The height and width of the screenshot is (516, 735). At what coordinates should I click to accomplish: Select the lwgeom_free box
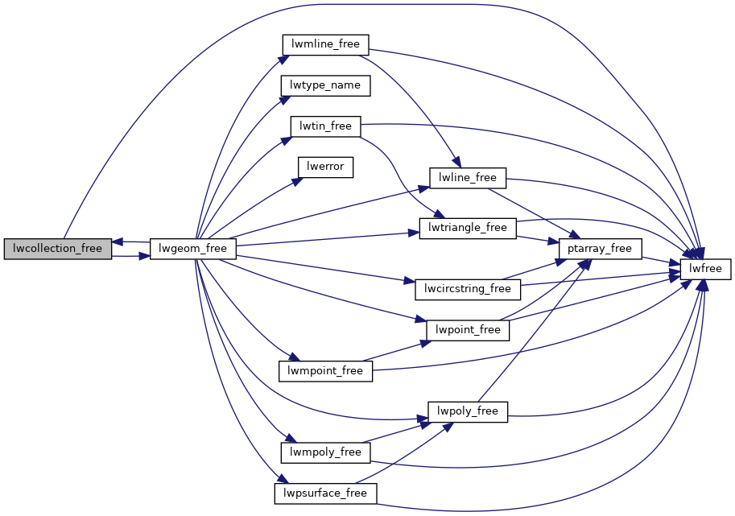click(193, 249)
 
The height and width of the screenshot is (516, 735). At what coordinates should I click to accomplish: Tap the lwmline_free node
click(325, 44)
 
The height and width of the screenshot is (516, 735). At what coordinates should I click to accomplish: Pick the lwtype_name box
click(325, 85)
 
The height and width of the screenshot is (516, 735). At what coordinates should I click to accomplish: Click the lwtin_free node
click(325, 126)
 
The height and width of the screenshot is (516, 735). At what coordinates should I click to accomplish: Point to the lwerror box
click(325, 167)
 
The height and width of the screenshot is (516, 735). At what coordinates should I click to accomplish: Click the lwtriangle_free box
click(468, 228)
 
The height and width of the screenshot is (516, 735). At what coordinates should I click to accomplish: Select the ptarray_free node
click(601, 249)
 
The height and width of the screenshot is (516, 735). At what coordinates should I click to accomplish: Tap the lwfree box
click(705, 269)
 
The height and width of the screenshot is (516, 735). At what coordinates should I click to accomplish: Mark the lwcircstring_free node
click(468, 288)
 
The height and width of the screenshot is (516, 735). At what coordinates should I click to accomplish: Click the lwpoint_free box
click(468, 329)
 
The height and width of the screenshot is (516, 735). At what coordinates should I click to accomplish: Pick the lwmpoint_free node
click(325, 370)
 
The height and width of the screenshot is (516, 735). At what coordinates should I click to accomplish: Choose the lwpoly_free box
click(468, 411)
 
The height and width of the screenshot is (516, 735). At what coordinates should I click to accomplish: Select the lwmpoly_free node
click(325, 452)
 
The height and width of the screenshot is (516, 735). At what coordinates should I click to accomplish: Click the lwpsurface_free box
click(325, 493)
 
